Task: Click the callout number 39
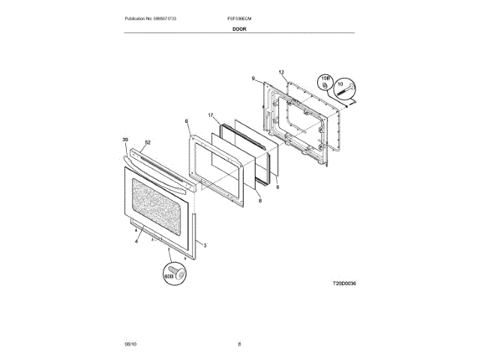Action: [124, 139]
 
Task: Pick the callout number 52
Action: [148, 142]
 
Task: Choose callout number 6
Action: [186, 121]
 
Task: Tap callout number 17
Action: [211, 115]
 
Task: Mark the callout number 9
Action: [253, 78]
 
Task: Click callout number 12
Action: [282, 72]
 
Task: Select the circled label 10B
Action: [325, 78]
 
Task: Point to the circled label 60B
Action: [169, 275]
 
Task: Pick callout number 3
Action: [205, 246]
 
